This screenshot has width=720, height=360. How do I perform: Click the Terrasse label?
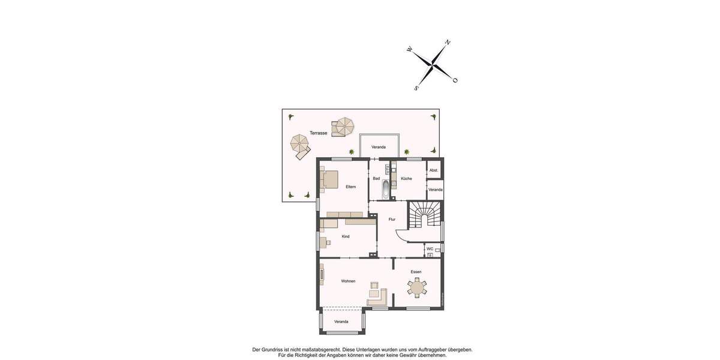(x=318, y=133)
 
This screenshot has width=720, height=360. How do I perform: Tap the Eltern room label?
(x=350, y=187)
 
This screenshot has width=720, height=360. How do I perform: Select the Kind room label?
(x=346, y=236)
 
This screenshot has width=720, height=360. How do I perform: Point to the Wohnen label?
(x=348, y=281)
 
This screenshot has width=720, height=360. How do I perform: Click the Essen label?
(x=416, y=272)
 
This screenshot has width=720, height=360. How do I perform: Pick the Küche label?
(x=406, y=178)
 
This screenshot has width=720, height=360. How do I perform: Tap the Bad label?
(x=376, y=178)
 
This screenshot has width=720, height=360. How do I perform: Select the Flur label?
(x=392, y=219)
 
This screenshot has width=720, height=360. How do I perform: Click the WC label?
(x=430, y=248)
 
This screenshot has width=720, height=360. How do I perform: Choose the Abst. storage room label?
(x=434, y=170)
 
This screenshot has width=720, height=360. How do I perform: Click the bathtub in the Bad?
(x=386, y=190)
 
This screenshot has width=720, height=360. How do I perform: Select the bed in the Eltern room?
(x=329, y=179)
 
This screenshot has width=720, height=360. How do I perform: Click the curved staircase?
(x=425, y=215)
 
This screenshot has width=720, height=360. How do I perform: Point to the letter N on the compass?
(x=448, y=43)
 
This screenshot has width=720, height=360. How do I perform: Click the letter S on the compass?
(x=416, y=88)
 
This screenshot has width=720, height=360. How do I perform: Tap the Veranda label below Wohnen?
(x=341, y=322)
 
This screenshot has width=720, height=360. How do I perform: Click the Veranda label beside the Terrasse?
(x=378, y=147)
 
